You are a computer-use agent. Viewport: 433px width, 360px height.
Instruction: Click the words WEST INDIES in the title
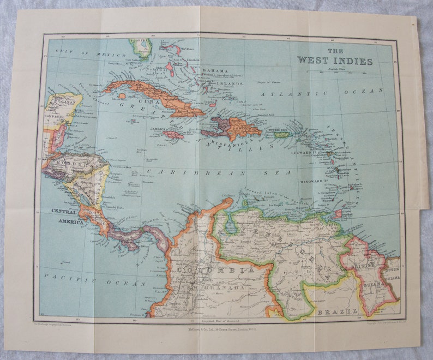click(x=335, y=61)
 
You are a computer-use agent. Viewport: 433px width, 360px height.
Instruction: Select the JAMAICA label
click(x=159, y=129)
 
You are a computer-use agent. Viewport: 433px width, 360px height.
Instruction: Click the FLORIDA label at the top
click(x=140, y=41)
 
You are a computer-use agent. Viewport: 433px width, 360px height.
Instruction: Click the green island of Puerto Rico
click(x=281, y=135)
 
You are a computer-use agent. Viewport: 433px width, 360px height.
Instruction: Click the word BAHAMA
click(x=215, y=71)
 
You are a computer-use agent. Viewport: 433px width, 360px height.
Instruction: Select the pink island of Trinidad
click(x=338, y=213)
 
